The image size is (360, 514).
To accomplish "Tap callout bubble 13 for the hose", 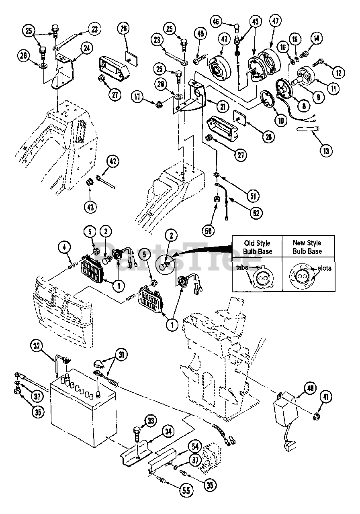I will (x=326, y=151).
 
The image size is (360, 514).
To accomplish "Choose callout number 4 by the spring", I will (x=65, y=248).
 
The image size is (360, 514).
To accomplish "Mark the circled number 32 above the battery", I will (x=37, y=345).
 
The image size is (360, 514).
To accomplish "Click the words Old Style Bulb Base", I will (x=258, y=247).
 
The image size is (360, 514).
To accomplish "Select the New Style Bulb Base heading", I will (x=307, y=247).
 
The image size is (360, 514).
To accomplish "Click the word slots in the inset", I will (x=324, y=268).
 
